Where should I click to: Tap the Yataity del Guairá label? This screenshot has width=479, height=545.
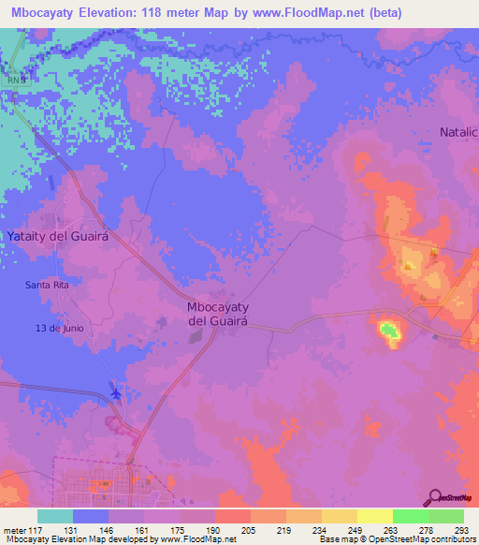(58, 237)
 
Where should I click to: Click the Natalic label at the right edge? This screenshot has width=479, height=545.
(458, 132)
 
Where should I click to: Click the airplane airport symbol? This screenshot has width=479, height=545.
(116, 391)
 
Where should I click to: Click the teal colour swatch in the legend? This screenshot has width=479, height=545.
(55, 516)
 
